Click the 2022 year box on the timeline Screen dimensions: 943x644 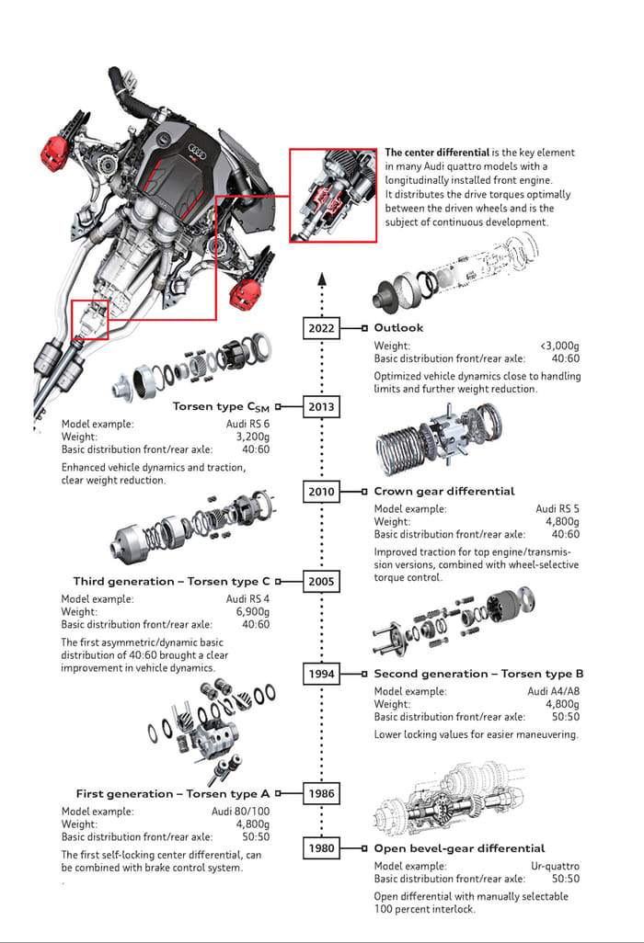pos(321,328)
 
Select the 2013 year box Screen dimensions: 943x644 pos(321,406)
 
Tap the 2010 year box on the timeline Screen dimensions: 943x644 pos(321,492)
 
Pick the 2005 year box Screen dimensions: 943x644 pos(321,581)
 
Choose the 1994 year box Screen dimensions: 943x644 pos(321,674)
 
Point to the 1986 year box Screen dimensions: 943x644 pos(321,793)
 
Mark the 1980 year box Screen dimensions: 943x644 pos(321,847)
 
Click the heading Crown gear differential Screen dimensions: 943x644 pos(443,492)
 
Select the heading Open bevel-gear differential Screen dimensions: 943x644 pos(459,848)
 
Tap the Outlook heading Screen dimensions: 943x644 pos(398,328)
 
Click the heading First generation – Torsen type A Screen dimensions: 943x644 pos(173,794)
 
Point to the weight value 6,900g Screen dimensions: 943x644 pos(252,611)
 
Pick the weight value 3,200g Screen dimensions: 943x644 pos(252,437)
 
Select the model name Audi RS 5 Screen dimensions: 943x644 pos(558,507)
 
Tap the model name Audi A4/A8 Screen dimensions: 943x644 pos(553,691)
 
